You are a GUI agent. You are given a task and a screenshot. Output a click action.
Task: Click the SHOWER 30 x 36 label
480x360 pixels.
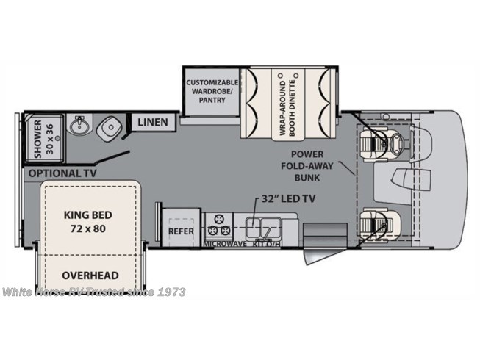[37, 140]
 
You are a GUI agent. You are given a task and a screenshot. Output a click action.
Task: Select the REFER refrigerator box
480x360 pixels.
[180, 229]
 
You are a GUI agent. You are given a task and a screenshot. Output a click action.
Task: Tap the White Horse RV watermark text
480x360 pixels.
[93, 292]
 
